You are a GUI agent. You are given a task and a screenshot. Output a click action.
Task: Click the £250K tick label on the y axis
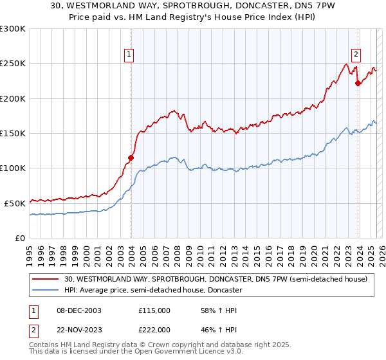tap(13, 64)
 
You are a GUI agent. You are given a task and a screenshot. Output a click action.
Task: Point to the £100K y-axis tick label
tap(13, 168)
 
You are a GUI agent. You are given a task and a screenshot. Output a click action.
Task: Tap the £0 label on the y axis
tap(21, 238)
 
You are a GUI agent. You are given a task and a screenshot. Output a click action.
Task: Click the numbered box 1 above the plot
tap(130, 55)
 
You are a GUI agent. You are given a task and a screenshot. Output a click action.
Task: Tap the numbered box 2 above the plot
tap(356, 55)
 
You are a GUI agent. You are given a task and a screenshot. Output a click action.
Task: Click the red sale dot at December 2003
tap(131, 157)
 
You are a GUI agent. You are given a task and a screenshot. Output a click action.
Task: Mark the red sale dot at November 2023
tap(358, 82)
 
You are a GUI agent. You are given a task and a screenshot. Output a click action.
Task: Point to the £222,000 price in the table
tap(154, 328)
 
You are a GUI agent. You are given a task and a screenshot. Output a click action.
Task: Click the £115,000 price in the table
tap(154, 310)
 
